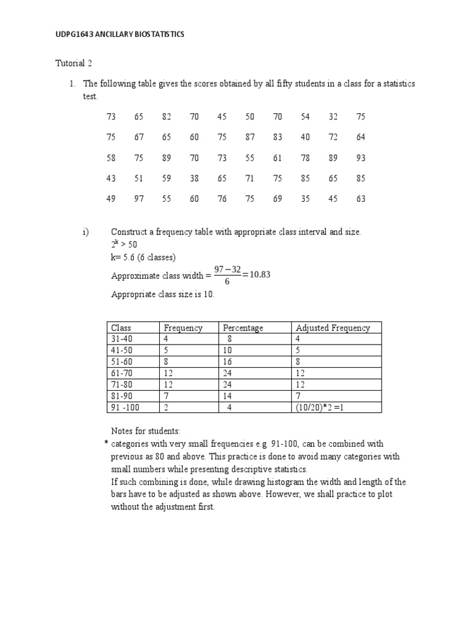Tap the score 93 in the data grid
(x=361, y=158)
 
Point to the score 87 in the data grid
(x=250, y=137)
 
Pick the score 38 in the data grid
(x=194, y=178)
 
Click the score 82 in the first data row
(x=167, y=117)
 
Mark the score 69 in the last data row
(x=277, y=199)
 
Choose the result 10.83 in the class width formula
(x=258, y=274)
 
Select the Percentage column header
(x=243, y=328)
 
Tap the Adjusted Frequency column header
(x=332, y=328)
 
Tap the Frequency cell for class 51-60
(x=166, y=362)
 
